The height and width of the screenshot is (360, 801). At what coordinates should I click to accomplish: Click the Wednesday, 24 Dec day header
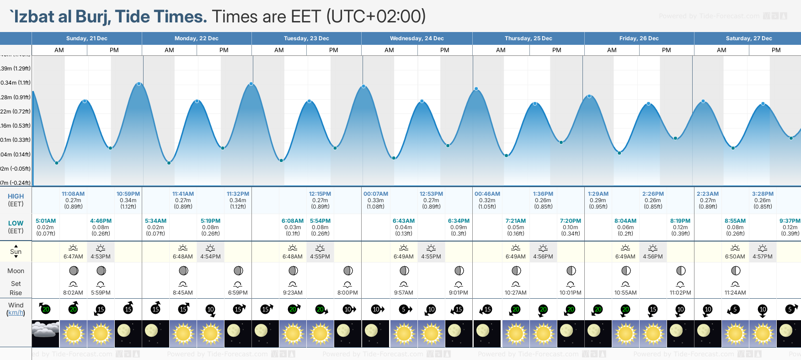(417, 38)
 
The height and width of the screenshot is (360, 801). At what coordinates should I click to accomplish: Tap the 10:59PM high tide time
(128, 194)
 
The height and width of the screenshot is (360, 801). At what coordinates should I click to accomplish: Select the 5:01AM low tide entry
(46, 221)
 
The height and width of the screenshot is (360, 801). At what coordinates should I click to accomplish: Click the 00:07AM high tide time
(376, 194)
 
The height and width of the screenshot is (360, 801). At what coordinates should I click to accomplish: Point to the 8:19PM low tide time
(680, 221)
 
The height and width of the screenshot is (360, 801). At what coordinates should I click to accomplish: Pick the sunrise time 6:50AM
(735, 257)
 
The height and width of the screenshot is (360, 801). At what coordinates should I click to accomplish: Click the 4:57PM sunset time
(763, 257)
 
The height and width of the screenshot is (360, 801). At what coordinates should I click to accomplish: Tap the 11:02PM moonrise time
(680, 293)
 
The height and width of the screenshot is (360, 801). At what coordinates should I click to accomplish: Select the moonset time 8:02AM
(73, 293)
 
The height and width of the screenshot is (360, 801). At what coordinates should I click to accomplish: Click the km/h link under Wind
(16, 313)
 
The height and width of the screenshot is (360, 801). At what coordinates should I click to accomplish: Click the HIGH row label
(16, 196)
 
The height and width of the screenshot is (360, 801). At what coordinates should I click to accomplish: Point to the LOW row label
(16, 223)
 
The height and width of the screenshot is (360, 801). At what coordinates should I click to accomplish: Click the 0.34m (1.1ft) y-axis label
(16, 83)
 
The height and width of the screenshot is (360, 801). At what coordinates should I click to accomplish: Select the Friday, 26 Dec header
(639, 38)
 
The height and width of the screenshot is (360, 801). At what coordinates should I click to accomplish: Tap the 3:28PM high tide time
(763, 194)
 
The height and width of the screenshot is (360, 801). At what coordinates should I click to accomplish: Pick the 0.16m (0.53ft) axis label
(16, 126)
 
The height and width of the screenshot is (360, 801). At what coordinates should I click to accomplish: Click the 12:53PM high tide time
(431, 194)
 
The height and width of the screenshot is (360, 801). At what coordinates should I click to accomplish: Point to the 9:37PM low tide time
(790, 221)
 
